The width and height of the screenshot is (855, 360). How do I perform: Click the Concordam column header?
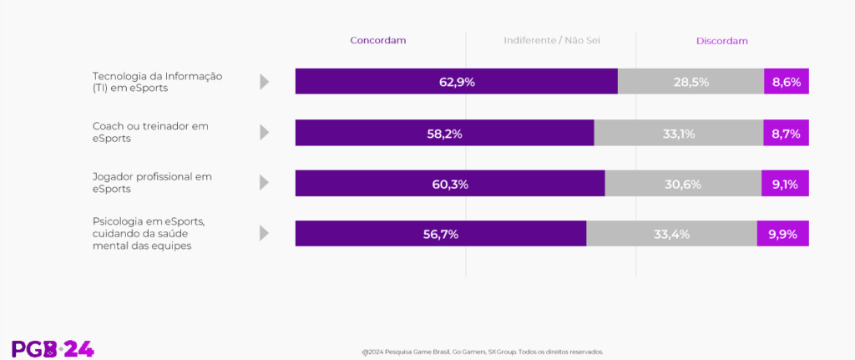377,41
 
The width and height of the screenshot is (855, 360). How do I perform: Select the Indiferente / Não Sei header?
552,41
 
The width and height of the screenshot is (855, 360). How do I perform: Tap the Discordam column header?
721,41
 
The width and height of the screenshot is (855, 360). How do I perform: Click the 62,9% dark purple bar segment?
456,82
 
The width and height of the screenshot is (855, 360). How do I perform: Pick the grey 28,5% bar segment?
691,82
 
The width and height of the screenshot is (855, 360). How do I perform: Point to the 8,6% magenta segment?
787,82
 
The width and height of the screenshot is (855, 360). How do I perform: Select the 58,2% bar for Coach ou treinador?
444,133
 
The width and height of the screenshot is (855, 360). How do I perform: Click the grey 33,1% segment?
678,133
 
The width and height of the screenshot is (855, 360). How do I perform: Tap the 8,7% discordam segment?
786,133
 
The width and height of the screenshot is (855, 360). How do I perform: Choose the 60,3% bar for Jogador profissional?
450,184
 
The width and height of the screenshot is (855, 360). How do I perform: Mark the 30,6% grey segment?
683,184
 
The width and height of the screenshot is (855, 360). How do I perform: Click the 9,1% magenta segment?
785,184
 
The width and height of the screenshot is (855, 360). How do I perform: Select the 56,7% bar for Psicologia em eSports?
441,234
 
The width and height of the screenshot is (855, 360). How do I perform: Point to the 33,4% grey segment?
671,234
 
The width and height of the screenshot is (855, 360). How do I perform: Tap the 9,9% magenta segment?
783,234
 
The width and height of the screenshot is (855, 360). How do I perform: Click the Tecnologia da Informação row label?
157,82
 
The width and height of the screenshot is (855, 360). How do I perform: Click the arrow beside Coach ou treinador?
265,133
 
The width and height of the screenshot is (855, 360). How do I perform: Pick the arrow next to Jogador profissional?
265,183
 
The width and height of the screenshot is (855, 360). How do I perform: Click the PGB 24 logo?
53,349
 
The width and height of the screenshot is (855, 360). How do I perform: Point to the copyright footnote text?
482,352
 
